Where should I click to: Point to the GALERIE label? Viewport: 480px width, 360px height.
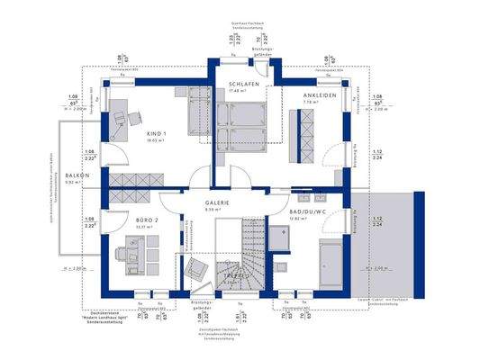coord(215,202)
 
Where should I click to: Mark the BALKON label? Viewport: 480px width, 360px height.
coord(73,176)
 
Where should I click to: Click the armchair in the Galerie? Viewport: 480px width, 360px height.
coord(195,267)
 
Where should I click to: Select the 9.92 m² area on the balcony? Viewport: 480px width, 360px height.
coord(73,183)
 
